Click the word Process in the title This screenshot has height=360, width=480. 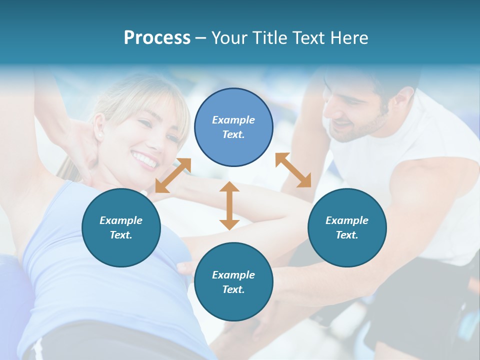click(x=157, y=38)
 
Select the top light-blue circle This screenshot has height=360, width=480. click(x=233, y=127)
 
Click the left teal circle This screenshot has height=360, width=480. click(x=121, y=227)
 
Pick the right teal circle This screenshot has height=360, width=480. click(x=347, y=227)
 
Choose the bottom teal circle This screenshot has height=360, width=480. click(x=233, y=282)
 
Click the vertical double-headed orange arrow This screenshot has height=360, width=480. click(x=229, y=205)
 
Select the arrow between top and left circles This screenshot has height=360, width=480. click(x=173, y=175)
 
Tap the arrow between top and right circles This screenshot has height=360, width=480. click(x=293, y=170)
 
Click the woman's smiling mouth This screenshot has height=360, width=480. click(x=144, y=159)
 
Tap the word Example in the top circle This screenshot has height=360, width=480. click(x=233, y=120)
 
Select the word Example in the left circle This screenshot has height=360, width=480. click(x=121, y=220)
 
